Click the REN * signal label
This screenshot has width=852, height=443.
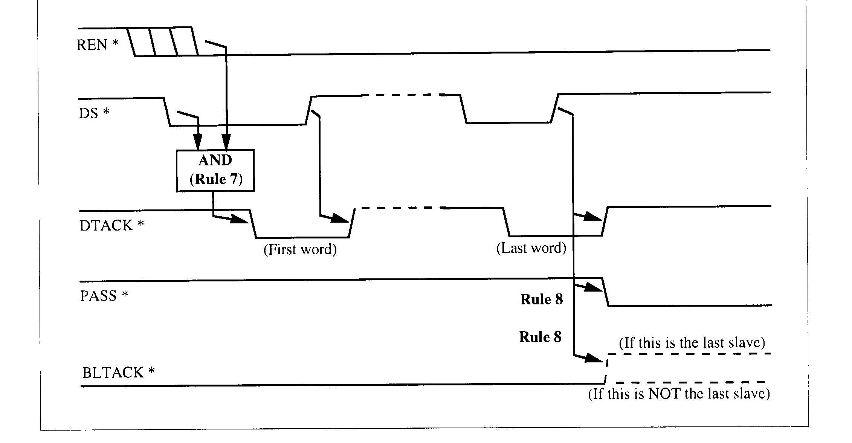(98, 44)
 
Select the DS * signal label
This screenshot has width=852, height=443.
(94, 113)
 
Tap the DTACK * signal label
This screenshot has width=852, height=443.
(112, 225)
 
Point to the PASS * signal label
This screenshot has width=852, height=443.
(104, 296)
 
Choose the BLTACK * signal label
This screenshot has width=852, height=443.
(119, 373)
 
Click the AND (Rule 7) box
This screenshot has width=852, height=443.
(215, 170)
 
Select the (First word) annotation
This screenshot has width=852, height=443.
(300, 249)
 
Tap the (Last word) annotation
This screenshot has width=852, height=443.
(531, 248)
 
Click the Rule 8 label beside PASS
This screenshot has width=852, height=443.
(542, 299)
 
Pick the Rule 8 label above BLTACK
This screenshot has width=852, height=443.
(540, 336)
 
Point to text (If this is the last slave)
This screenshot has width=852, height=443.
(692, 342)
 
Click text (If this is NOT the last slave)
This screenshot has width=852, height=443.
(679, 394)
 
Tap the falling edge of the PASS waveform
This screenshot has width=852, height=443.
(606, 292)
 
